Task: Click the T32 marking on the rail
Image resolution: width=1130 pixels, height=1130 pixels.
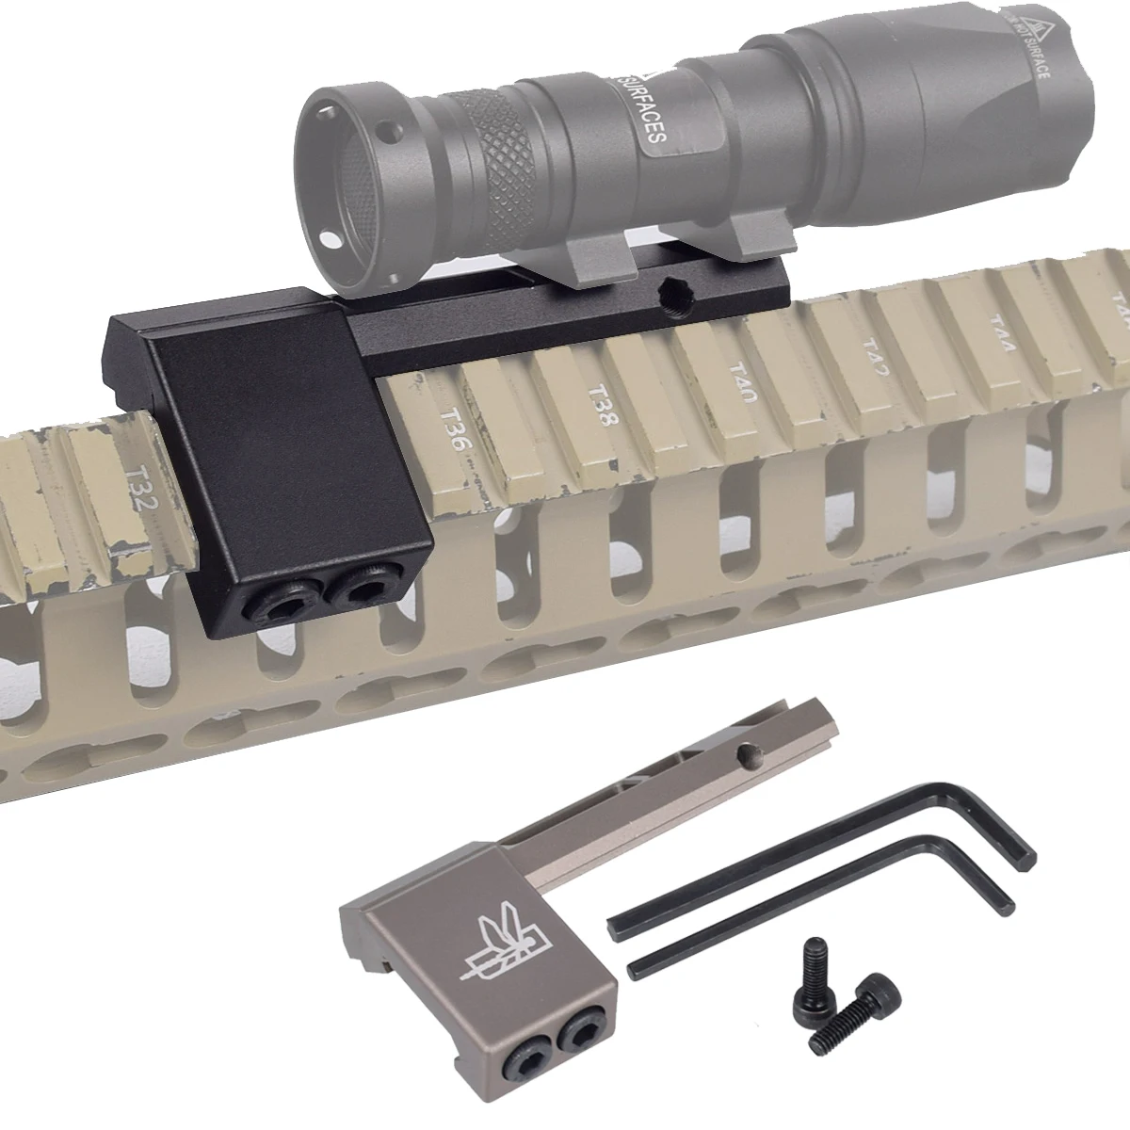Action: tap(141, 489)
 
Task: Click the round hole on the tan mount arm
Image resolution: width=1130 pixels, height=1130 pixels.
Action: tap(749, 752)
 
